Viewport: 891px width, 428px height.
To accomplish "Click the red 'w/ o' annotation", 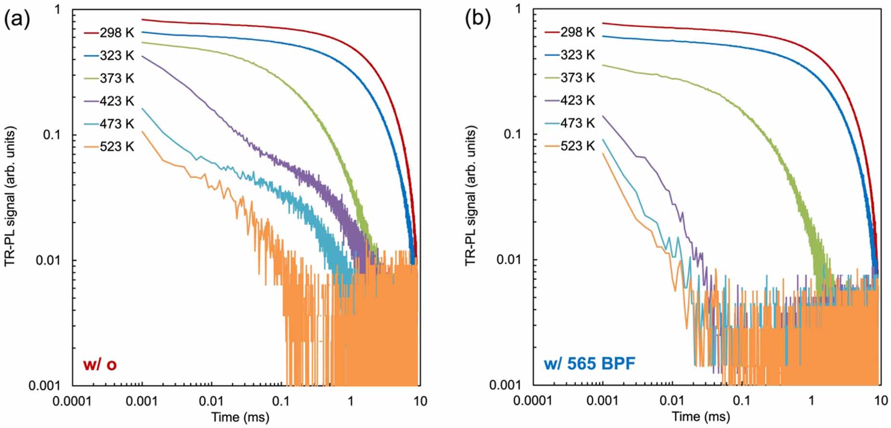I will (x=100, y=364).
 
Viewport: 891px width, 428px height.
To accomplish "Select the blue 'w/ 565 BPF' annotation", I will (x=590, y=363).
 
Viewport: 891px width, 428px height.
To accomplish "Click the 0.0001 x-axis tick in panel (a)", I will (x=72, y=401).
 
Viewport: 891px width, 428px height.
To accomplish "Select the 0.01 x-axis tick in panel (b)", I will (x=672, y=401).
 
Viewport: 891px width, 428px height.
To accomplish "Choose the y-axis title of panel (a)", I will (x=10, y=196).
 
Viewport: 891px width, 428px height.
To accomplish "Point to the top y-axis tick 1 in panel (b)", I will (x=518, y=9).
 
